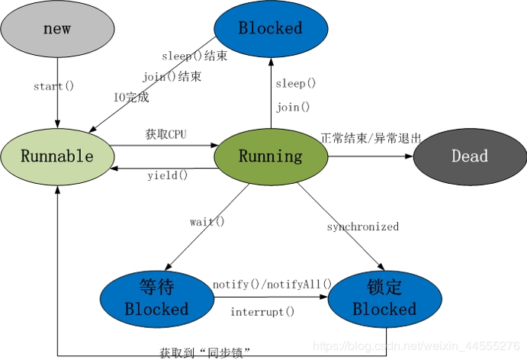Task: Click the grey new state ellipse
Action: coord(57,30)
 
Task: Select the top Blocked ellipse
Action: coord(270,28)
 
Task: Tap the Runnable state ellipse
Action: coord(57,156)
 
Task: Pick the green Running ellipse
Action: coord(270,156)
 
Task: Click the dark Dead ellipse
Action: coord(469,156)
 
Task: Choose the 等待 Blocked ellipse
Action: coord(156,297)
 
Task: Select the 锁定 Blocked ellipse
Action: coord(384,297)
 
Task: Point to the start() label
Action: coord(53,86)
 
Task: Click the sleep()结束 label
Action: coord(194,56)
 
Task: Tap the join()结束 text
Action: coord(175,76)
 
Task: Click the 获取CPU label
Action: coord(166,135)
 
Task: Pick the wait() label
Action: coord(207,222)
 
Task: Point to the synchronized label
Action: coord(362,227)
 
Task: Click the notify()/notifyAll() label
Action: coord(272,284)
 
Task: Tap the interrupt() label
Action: coord(262,312)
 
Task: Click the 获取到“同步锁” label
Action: coord(205,352)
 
